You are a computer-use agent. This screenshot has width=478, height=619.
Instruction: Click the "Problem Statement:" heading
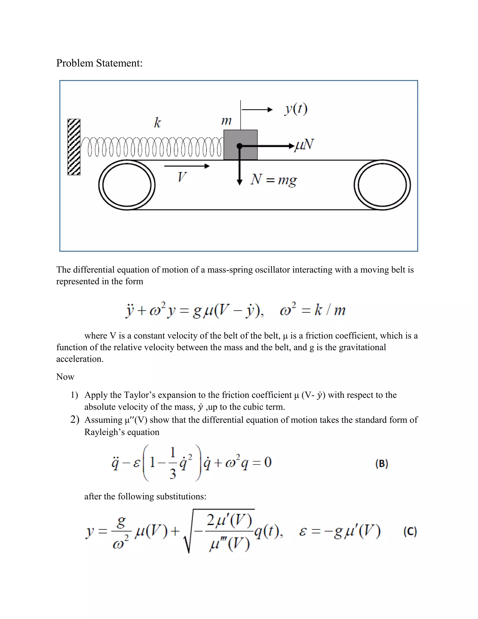[x=99, y=63]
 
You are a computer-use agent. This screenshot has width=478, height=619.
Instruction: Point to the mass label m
[x=226, y=121]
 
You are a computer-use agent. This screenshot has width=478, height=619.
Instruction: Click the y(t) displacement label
[x=296, y=109]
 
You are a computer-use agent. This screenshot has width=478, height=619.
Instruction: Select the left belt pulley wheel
[x=127, y=185]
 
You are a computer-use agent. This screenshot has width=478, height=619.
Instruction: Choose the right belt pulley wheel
[x=382, y=185]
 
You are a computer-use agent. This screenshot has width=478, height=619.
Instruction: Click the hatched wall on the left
[x=74, y=147]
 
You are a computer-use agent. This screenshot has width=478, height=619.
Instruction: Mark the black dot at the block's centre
[x=239, y=146]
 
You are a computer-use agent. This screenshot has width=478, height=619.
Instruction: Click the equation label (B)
[x=382, y=464]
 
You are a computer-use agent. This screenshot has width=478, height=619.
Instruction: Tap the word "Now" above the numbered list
[x=65, y=377]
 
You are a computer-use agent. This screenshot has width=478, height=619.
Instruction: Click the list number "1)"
[x=74, y=395]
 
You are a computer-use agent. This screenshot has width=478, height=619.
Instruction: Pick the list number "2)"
[x=75, y=420]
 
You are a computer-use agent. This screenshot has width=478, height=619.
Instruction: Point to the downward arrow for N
[x=239, y=170]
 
